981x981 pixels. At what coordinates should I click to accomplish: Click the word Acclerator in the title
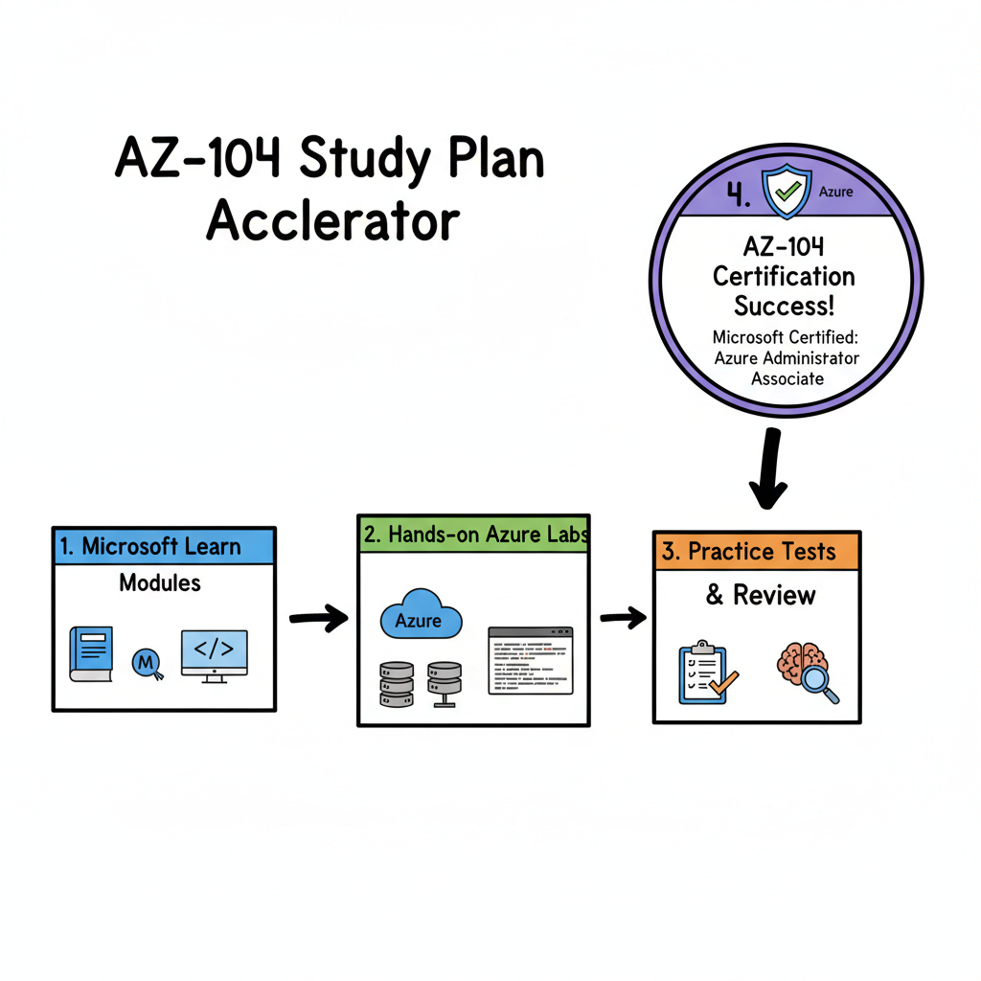332,220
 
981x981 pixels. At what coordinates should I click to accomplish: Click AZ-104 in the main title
197,158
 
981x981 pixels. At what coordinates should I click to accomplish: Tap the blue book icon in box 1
91,654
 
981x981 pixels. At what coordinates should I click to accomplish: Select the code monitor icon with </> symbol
214,655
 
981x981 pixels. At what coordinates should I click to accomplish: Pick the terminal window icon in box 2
530,660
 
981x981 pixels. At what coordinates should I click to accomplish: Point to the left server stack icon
397,682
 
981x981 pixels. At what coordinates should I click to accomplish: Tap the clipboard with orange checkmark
704,673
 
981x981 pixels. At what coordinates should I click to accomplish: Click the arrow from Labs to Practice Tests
623,619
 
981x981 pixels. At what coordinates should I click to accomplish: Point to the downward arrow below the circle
767,469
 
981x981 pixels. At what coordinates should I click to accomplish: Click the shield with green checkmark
786,191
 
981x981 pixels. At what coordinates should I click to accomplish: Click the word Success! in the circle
784,307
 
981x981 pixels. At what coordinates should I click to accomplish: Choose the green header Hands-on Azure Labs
473,535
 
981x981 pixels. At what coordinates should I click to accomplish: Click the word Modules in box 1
160,582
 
